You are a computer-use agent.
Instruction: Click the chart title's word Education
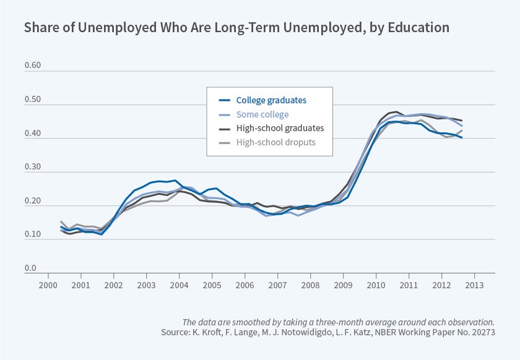(x=418, y=28)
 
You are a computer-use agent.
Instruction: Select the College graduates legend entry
(x=271, y=100)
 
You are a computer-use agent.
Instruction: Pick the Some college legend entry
(x=262, y=114)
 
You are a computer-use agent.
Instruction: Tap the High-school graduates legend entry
(x=280, y=128)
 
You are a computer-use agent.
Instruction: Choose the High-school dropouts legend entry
(x=275, y=142)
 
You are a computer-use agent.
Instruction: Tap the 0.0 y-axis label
(x=30, y=268)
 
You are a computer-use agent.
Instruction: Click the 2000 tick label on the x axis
(x=48, y=285)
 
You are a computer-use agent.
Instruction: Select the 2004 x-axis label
(x=179, y=285)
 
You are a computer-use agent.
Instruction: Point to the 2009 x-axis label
(x=343, y=285)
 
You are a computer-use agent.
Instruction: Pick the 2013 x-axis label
(x=474, y=285)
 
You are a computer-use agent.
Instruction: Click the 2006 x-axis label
(x=245, y=285)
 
